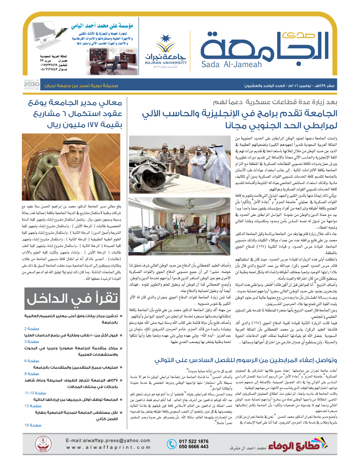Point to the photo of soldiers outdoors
coord(180,159)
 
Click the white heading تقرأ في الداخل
coord(72,299)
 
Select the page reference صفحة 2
coord(32,328)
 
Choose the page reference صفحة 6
coord(32,360)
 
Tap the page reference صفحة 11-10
coord(35,393)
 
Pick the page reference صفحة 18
coord(33,425)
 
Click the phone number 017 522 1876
coord(194,441)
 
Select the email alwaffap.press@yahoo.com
coord(108,440)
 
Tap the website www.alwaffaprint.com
coord(108,448)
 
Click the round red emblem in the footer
coord(44,444)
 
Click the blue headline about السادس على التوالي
coord(246,360)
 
